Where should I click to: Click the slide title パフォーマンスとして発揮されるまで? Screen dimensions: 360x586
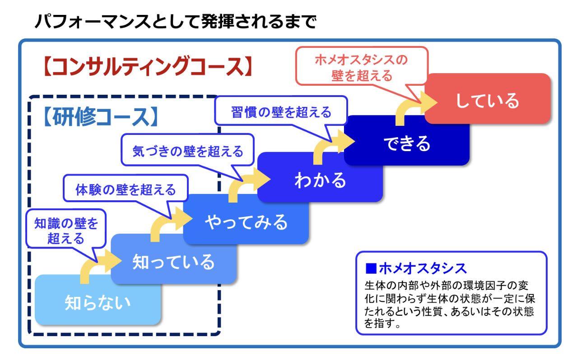[176, 21]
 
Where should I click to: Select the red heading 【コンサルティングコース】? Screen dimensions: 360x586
[147, 66]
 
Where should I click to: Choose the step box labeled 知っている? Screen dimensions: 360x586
[173, 262]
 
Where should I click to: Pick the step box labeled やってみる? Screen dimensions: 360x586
[246, 222]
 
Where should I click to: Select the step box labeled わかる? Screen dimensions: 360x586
[320, 180]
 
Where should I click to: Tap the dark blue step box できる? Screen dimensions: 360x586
[407, 143]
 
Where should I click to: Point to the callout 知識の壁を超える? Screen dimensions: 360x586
[66, 231]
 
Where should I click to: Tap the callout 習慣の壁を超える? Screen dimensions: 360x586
[281, 112]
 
